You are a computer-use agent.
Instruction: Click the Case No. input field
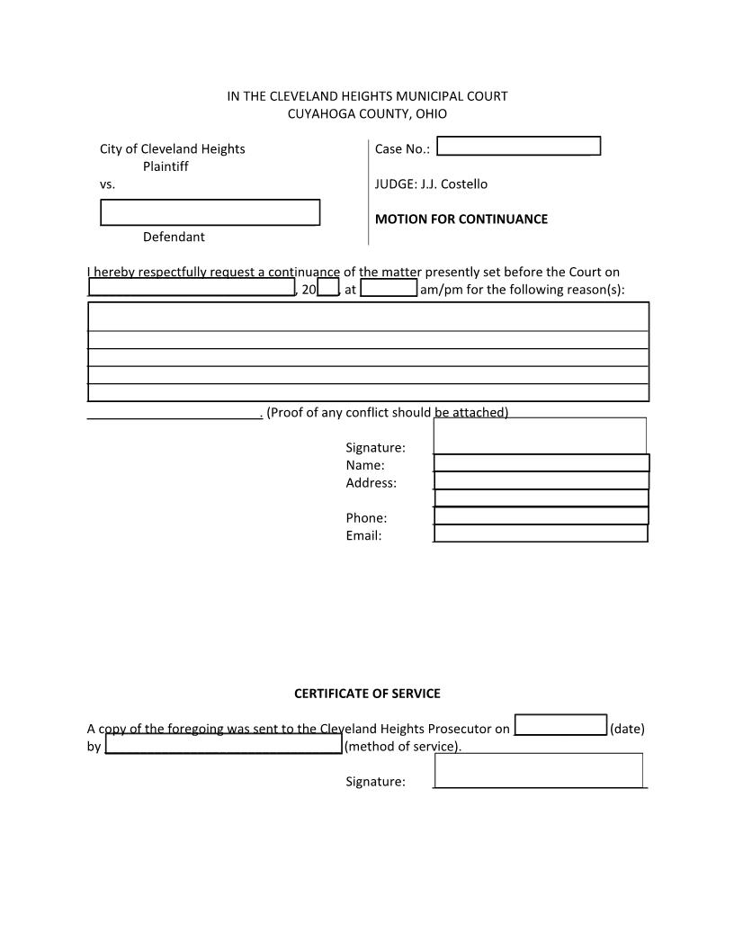point(518,147)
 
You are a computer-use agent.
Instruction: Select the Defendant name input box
point(210,212)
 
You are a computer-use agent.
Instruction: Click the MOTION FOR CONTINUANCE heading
point(461,219)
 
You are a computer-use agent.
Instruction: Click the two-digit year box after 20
point(327,289)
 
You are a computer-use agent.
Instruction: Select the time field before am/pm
point(389,289)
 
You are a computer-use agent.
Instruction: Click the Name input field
point(542,463)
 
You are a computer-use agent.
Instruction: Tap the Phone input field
point(541,516)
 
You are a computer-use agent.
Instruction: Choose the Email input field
point(541,533)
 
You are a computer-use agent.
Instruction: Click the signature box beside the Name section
point(540,435)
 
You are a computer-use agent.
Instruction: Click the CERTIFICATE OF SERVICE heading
point(367,694)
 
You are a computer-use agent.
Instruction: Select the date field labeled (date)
point(560,726)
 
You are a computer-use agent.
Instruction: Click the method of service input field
point(224,745)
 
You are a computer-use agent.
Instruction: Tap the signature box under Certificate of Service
point(539,770)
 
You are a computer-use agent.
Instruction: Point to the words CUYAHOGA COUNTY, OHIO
point(367,114)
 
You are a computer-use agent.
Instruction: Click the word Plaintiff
point(166,166)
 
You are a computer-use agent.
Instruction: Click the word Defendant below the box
point(174,237)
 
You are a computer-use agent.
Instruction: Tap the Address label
point(371,483)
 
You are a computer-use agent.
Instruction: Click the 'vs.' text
point(108,184)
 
